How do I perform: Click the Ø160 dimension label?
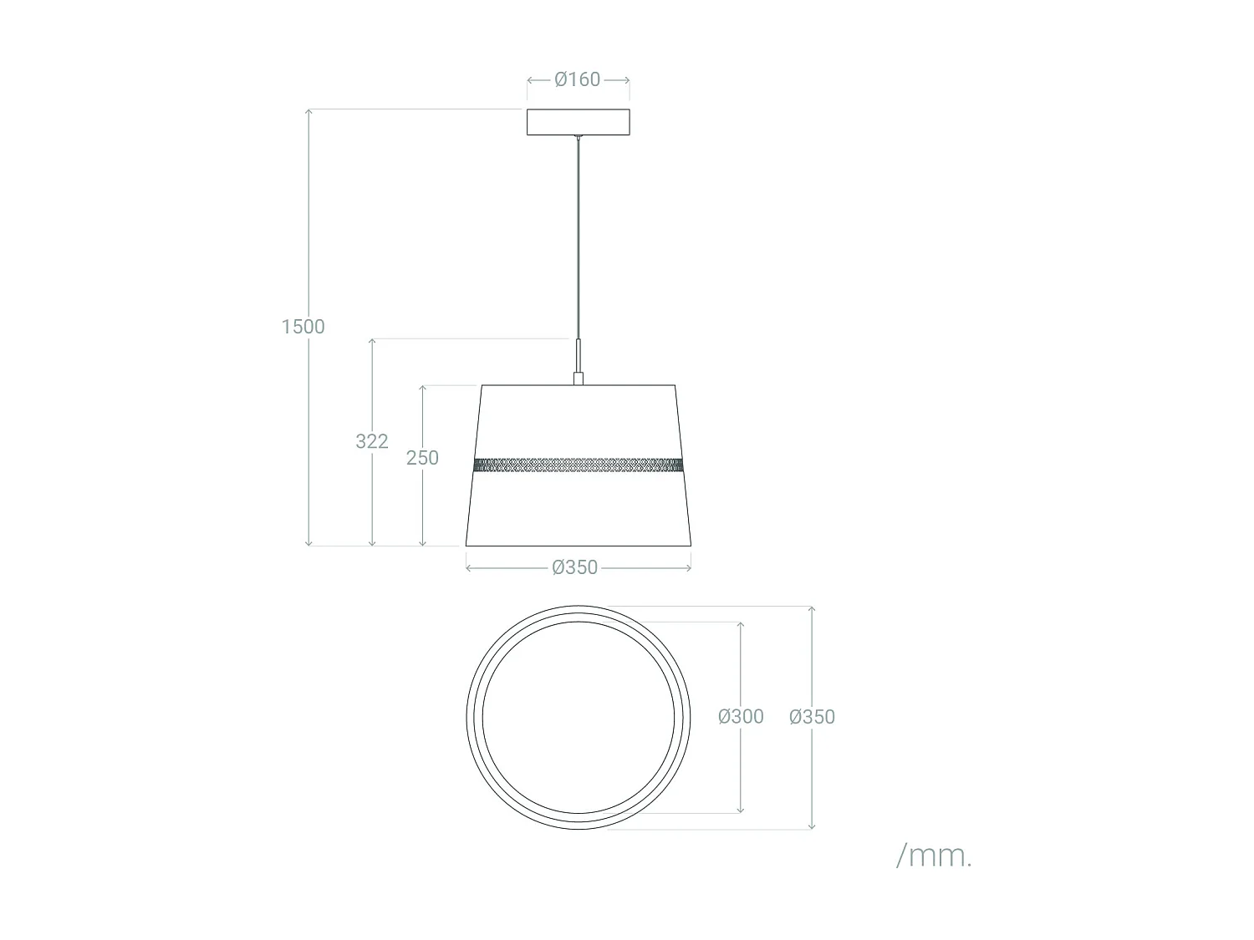(x=578, y=79)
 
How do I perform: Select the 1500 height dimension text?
(x=303, y=327)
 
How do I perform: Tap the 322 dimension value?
(x=372, y=441)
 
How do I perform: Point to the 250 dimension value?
(x=422, y=458)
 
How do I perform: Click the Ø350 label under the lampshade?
(x=575, y=567)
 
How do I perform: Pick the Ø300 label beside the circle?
(x=741, y=717)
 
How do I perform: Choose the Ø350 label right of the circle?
(x=812, y=717)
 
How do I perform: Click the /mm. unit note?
(x=934, y=856)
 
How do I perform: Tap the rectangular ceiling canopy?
(x=578, y=122)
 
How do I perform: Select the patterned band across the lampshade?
(x=578, y=465)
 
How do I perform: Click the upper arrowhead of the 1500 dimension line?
(x=309, y=112)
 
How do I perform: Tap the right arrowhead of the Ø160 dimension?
(x=626, y=79)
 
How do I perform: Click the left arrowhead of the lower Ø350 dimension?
(x=469, y=567)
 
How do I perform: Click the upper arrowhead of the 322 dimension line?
(x=373, y=342)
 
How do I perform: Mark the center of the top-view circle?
(x=579, y=718)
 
